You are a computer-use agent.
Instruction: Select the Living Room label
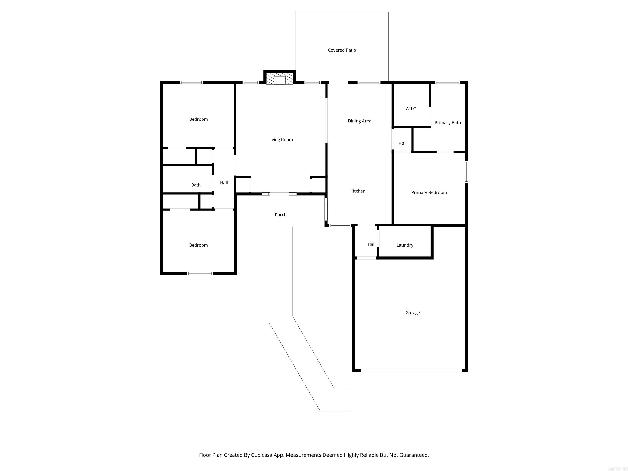click(280, 140)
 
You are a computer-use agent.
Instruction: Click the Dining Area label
click(359, 121)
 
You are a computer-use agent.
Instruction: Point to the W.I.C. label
click(411, 109)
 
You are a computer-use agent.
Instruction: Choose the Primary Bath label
click(447, 123)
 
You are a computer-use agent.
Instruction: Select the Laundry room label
click(405, 245)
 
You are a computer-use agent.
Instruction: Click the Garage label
click(413, 313)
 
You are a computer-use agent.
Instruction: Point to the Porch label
click(280, 215)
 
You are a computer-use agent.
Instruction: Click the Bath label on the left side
click(196, 185)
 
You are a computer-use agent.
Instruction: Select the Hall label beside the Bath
click(224, 183)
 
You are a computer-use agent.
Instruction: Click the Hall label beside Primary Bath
click(402, 143)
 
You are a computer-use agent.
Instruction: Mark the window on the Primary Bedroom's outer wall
click(466, 172)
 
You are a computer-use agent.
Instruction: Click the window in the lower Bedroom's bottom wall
click(200, 273)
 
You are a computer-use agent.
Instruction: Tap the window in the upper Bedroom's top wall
click(191, 82)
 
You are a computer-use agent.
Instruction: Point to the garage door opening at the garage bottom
click(411, 370)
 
